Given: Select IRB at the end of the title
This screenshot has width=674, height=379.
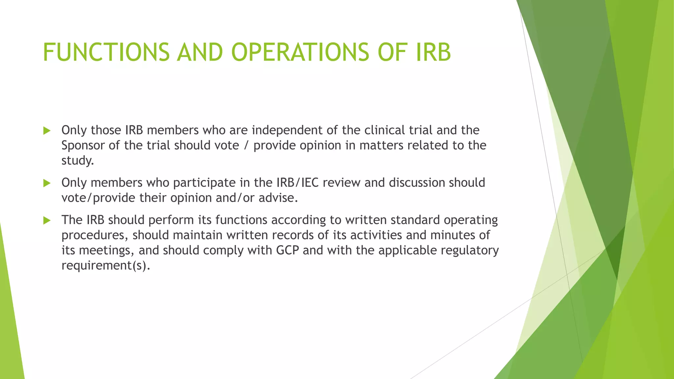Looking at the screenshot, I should click(x=433, y=52).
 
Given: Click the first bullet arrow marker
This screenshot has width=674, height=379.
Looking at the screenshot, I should click(x=47, y=131).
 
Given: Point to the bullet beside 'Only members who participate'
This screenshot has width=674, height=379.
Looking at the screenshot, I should click(x=47, y=183).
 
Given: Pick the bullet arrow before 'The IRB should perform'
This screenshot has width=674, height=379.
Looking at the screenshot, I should click(x=47, y=220).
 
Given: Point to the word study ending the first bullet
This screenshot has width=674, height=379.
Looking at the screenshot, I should click(x=77, y=161).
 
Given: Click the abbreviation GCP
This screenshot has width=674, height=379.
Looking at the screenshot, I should click(x=287, y=250).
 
